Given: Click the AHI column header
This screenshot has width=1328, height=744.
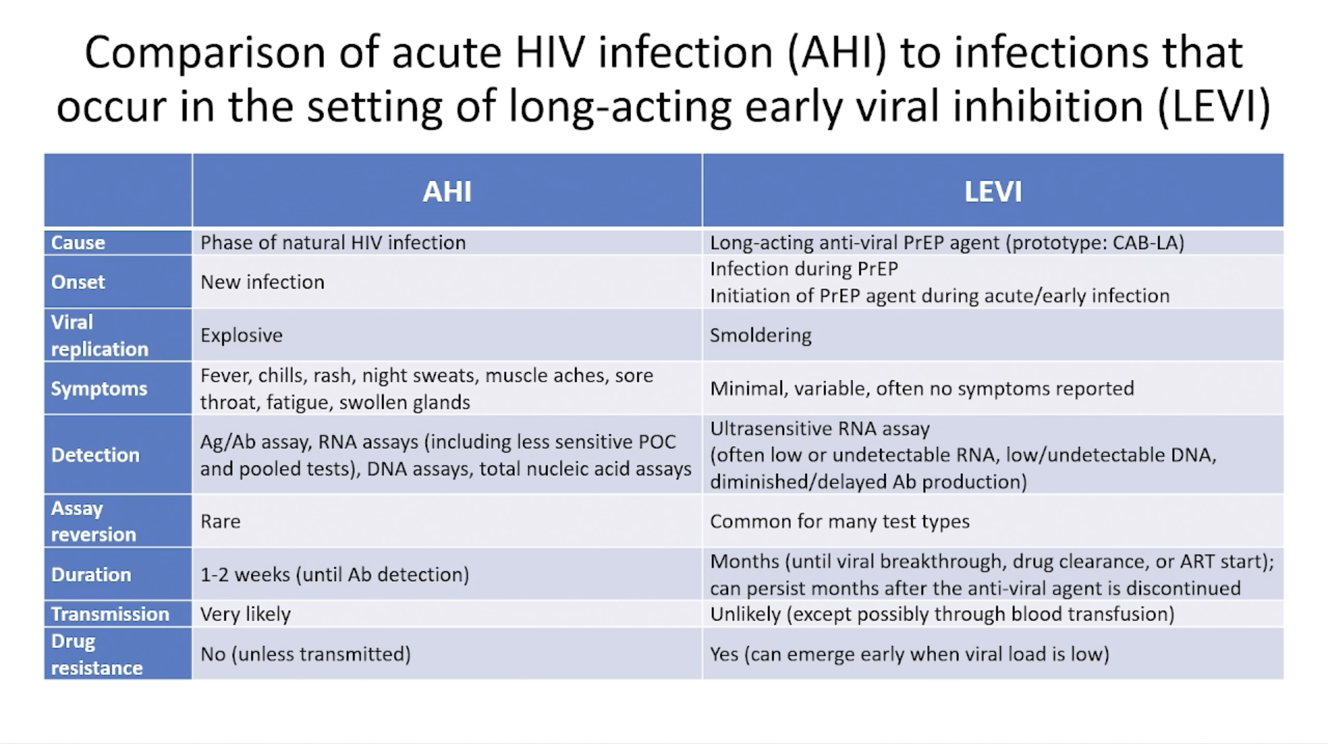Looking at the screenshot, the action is [x=447, y=192].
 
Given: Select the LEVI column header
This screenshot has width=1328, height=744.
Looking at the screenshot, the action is [x=993, y=192].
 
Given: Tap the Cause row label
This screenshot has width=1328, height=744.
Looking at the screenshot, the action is [x=78, y=242].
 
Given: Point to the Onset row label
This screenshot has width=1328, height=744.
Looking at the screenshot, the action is [x=78, y=282].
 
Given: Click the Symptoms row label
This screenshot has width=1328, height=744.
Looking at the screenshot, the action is [x=99, y=389].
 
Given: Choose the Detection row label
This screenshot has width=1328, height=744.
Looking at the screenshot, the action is [x=95, y=455].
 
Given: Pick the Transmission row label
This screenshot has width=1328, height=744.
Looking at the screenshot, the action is [x=110, y=614].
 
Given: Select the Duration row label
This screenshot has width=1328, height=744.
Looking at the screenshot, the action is [x=91, y=574].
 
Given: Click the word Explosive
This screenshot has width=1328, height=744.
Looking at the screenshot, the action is [x=241, y=336].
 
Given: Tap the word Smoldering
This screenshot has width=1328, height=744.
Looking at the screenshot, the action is [x=761, y=336].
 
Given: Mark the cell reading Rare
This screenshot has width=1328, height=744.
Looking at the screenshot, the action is [x=220, y=521].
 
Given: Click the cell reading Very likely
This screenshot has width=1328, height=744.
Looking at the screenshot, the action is [x=245, y=614].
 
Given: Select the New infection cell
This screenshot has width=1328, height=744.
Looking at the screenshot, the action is [x=263, y=282].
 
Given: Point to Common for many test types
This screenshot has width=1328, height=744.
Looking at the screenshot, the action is [x=840, y=521].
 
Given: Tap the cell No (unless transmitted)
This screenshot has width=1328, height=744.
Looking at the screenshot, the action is [x=306, y=654].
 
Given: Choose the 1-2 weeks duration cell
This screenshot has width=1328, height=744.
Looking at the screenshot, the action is [x=335, y=574].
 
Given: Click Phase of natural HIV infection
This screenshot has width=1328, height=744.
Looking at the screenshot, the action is [x=333, y=242].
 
